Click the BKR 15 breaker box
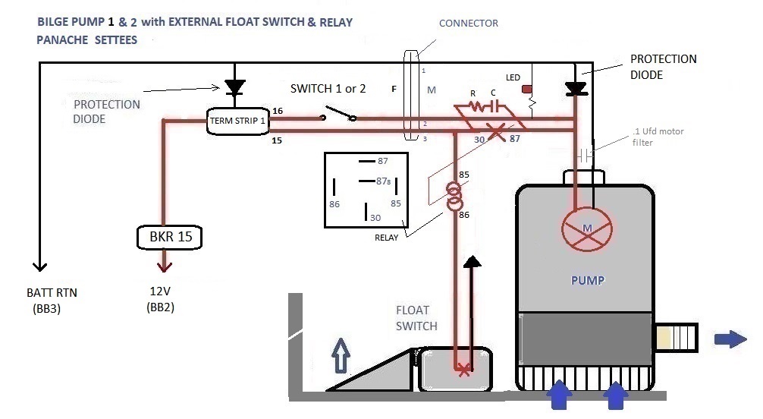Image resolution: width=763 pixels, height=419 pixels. (170, 237)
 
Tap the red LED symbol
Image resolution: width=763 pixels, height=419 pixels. (526, 90)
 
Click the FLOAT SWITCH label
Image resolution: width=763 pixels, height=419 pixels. (416, 317)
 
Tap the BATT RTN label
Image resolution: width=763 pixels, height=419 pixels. (52, 294)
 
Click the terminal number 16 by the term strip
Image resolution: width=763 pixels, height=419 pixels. (278, 111)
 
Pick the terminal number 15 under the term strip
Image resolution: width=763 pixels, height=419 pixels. (278, 140)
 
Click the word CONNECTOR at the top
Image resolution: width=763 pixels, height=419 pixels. (469, 24)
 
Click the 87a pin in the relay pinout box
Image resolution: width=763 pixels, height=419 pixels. (381, 181)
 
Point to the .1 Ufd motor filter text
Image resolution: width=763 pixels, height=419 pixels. (657, 137)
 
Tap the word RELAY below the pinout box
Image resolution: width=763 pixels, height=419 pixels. (387, 236)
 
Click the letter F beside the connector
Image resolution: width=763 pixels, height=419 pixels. (394, 90)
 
